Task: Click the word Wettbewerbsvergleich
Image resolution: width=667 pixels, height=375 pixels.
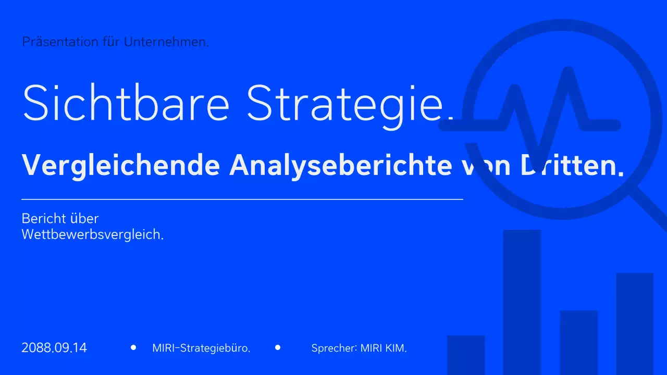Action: [x=92, y=235]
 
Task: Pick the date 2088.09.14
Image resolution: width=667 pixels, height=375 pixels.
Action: [x=54, y=348]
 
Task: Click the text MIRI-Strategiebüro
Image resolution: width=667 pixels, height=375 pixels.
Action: [x=201, y=348]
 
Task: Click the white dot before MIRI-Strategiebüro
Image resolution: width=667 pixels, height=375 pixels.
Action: [x=133, y=347]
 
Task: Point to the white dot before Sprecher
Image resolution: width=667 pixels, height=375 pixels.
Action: [x=278, y=347]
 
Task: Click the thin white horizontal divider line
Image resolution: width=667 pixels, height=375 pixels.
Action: [x=242, y=199]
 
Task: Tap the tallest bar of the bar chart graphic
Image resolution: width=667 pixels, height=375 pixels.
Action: [x=522, y=302]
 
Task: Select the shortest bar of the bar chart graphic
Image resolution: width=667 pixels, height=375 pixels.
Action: [x=466, y=355]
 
